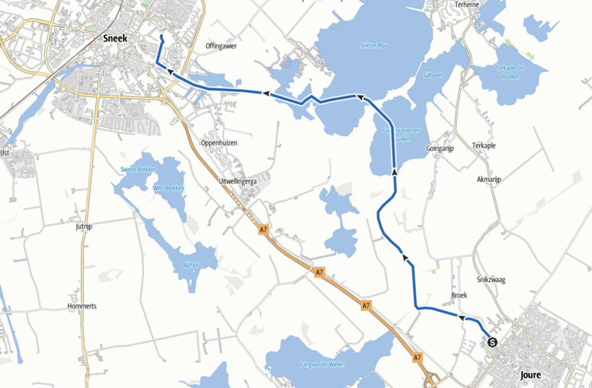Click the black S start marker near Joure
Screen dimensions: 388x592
[x=492, y=343]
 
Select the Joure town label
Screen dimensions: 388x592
[x=530, y=374]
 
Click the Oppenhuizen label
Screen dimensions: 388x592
[x=219, y=142]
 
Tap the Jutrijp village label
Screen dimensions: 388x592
[x=84, y=227]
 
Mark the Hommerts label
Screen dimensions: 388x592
[x=82, y=305]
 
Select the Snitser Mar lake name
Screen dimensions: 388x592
[x=372, y=45]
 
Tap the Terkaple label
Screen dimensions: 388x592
[x=483, y=146]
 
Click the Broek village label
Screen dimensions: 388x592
[x=458, y=295]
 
